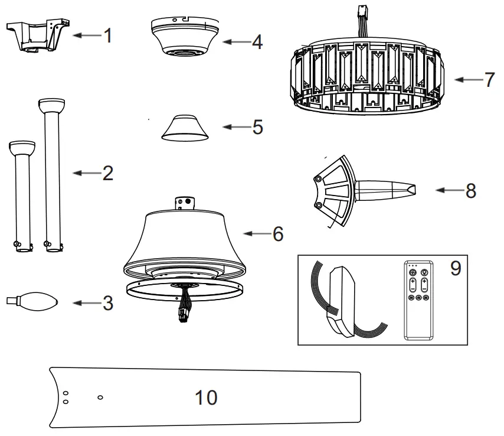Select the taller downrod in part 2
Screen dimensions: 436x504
pos(53,177)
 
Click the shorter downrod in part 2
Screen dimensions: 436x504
pos(23,195)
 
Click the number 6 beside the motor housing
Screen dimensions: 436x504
pos(277,234)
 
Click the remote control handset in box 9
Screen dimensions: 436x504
pos(418,300)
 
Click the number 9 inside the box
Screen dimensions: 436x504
pos(455,268)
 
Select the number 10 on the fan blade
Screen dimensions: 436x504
pos(206,398)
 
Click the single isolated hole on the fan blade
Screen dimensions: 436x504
pos(100,397)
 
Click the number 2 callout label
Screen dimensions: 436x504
pos(107,173)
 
